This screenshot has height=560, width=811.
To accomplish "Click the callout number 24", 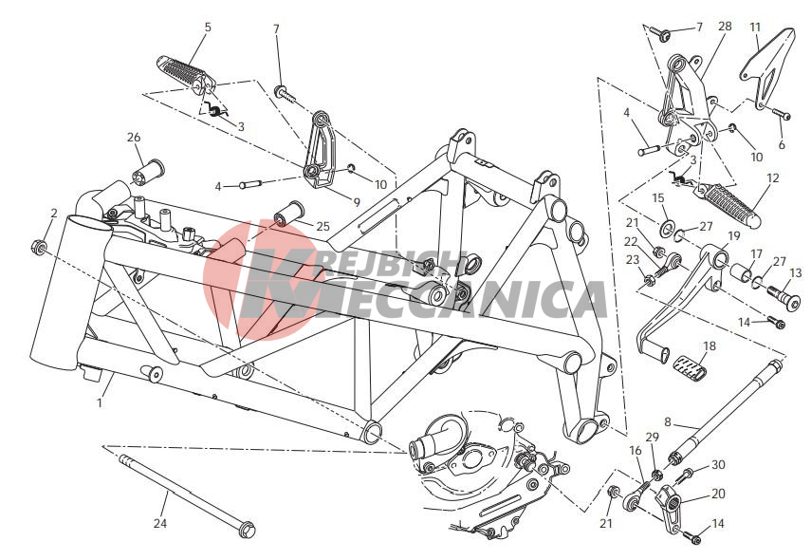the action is click(160, 523).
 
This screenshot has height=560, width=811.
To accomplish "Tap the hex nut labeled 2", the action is click(37, 245).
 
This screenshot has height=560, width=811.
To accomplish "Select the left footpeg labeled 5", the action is click(186, 76).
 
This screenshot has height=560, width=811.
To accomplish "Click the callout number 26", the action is click(134, 138).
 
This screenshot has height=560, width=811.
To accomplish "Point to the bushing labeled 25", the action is click(287, 214).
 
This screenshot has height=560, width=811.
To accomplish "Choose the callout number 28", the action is click(725, 26).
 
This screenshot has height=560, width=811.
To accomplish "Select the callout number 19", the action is click(734, 236).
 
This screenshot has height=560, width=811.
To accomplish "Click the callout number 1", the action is click(100, 401).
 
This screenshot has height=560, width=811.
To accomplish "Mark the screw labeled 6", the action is click(782, 115).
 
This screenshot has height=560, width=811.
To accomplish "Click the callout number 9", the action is click(357, 202).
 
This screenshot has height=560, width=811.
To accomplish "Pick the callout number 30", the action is click(718, 465).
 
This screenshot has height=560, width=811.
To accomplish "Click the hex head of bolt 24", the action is click(247, 528).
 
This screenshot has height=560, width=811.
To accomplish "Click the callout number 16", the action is click(636, 450).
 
